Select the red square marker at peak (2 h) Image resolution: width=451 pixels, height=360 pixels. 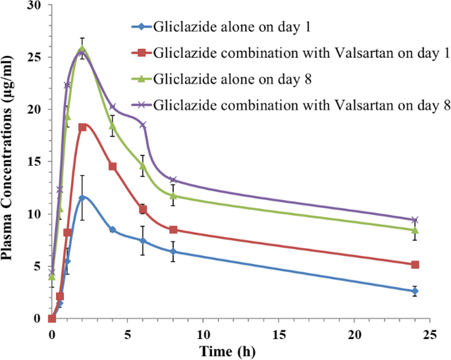click(82, 128)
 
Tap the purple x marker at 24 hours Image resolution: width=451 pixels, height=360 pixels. click(415, 220)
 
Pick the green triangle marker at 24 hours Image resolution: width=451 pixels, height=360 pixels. click(415, 230)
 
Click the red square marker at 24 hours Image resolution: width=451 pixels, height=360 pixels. click(415, 265)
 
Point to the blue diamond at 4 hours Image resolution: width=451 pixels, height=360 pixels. click(113, 230)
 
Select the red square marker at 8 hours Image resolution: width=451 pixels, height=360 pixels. click(173, 230)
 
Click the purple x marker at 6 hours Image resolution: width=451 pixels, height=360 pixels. click(143, 124)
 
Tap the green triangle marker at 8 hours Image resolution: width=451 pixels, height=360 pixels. click(173, 195)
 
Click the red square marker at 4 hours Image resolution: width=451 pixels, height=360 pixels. click(113, 167)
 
